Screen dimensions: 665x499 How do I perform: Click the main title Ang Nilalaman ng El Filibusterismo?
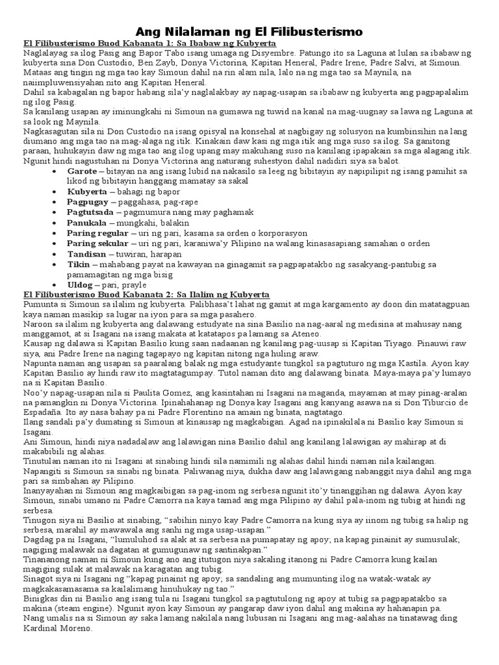(249, 31)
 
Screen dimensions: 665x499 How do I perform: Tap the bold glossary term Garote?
(82, 170)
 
